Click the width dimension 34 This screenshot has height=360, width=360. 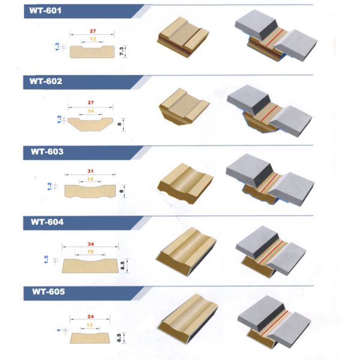(x=92, y=244)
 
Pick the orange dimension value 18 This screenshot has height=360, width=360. (x=92, y=253)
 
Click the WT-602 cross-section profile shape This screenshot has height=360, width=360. (x=91, y=124)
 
